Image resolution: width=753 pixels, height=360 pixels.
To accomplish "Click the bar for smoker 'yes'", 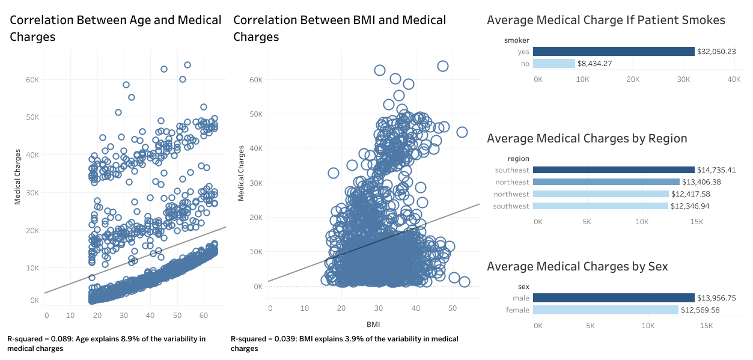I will tap(614, 52).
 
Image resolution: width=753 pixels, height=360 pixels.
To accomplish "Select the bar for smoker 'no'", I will tap(553, 63).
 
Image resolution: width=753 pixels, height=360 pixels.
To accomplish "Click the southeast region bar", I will tap(614, 170).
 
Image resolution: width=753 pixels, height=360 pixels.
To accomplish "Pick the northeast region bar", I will tap(606, 182).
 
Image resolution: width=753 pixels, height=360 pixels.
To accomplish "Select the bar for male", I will tap(614, 297).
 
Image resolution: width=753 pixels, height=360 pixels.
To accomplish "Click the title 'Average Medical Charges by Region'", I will tap(587, 138).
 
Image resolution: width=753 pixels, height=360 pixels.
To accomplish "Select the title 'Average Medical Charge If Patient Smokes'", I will tap(606, 20).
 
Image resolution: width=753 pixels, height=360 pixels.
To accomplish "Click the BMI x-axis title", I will tap(374, 325).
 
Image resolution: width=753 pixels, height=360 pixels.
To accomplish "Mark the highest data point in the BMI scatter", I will tap(442, 66).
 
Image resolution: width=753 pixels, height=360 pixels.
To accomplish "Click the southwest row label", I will tap(511, 206).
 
